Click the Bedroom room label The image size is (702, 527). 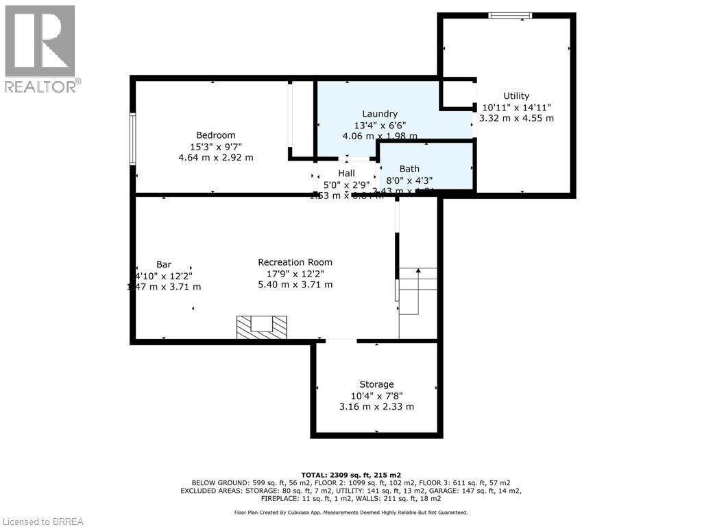click(215, 135)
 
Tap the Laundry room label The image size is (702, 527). click(380, 114)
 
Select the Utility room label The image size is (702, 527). click(516, 96)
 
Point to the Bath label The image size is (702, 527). click(409, 169)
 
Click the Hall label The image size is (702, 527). click(346, 174)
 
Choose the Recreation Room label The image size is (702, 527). click(295, 262)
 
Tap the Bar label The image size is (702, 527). click(164, 264)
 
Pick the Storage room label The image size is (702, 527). click(376, 384)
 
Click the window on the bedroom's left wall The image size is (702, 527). click(133, 139)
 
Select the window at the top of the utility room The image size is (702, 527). click(510, 15)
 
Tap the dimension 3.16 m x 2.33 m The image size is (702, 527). click(376, 406)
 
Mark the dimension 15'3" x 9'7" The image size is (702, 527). click(215, 146)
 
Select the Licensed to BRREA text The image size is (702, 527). click(43, 522)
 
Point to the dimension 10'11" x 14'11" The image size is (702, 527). click(516, 107)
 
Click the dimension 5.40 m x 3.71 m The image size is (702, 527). click(295, 284)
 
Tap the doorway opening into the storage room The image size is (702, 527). click(341, 340)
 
